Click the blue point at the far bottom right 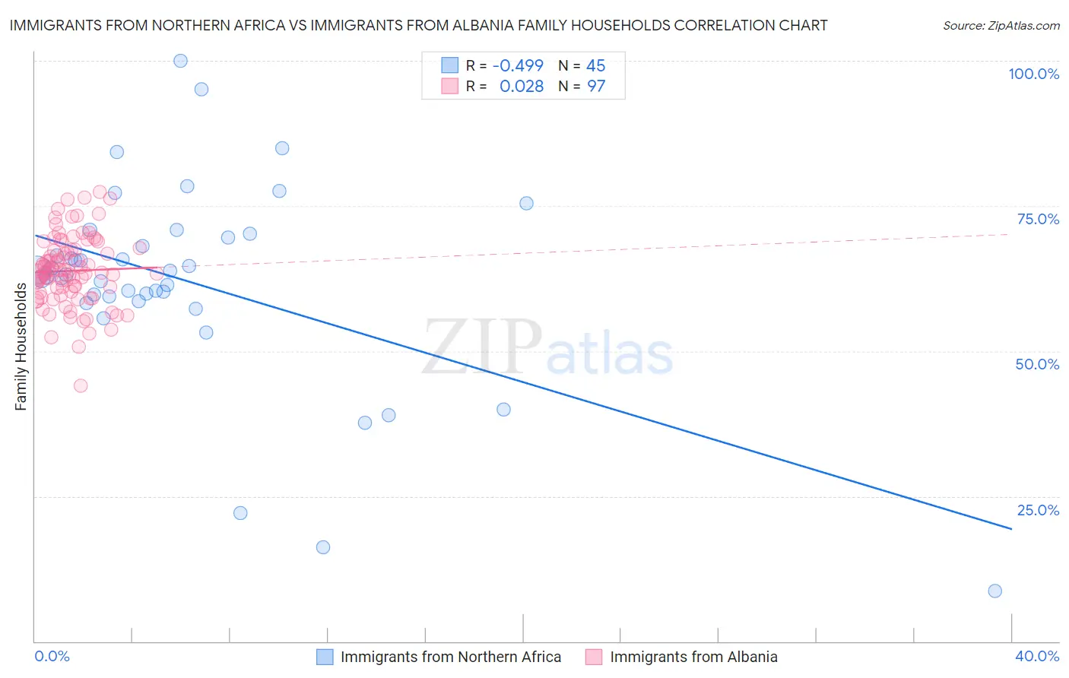click(994, 591)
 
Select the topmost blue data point click(180, 61)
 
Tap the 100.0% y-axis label click(1033, 74)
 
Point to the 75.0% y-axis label click(1038, 219)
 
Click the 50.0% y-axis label click(1037, 364)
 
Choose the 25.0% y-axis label click(1038, 510)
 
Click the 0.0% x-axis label click(52, 656)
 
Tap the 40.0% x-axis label click(1037, 656)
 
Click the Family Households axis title click(21, 347)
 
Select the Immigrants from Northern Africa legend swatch click(325, 657)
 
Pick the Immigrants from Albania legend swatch click(594, 657)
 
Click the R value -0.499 click(518, 66)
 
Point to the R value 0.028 click(522, 87)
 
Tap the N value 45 click(596, 66)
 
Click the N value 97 click(596, 87)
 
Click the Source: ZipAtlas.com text click(1001, 26)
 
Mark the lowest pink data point click(80, 385)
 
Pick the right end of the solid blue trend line click(1011, 528)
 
